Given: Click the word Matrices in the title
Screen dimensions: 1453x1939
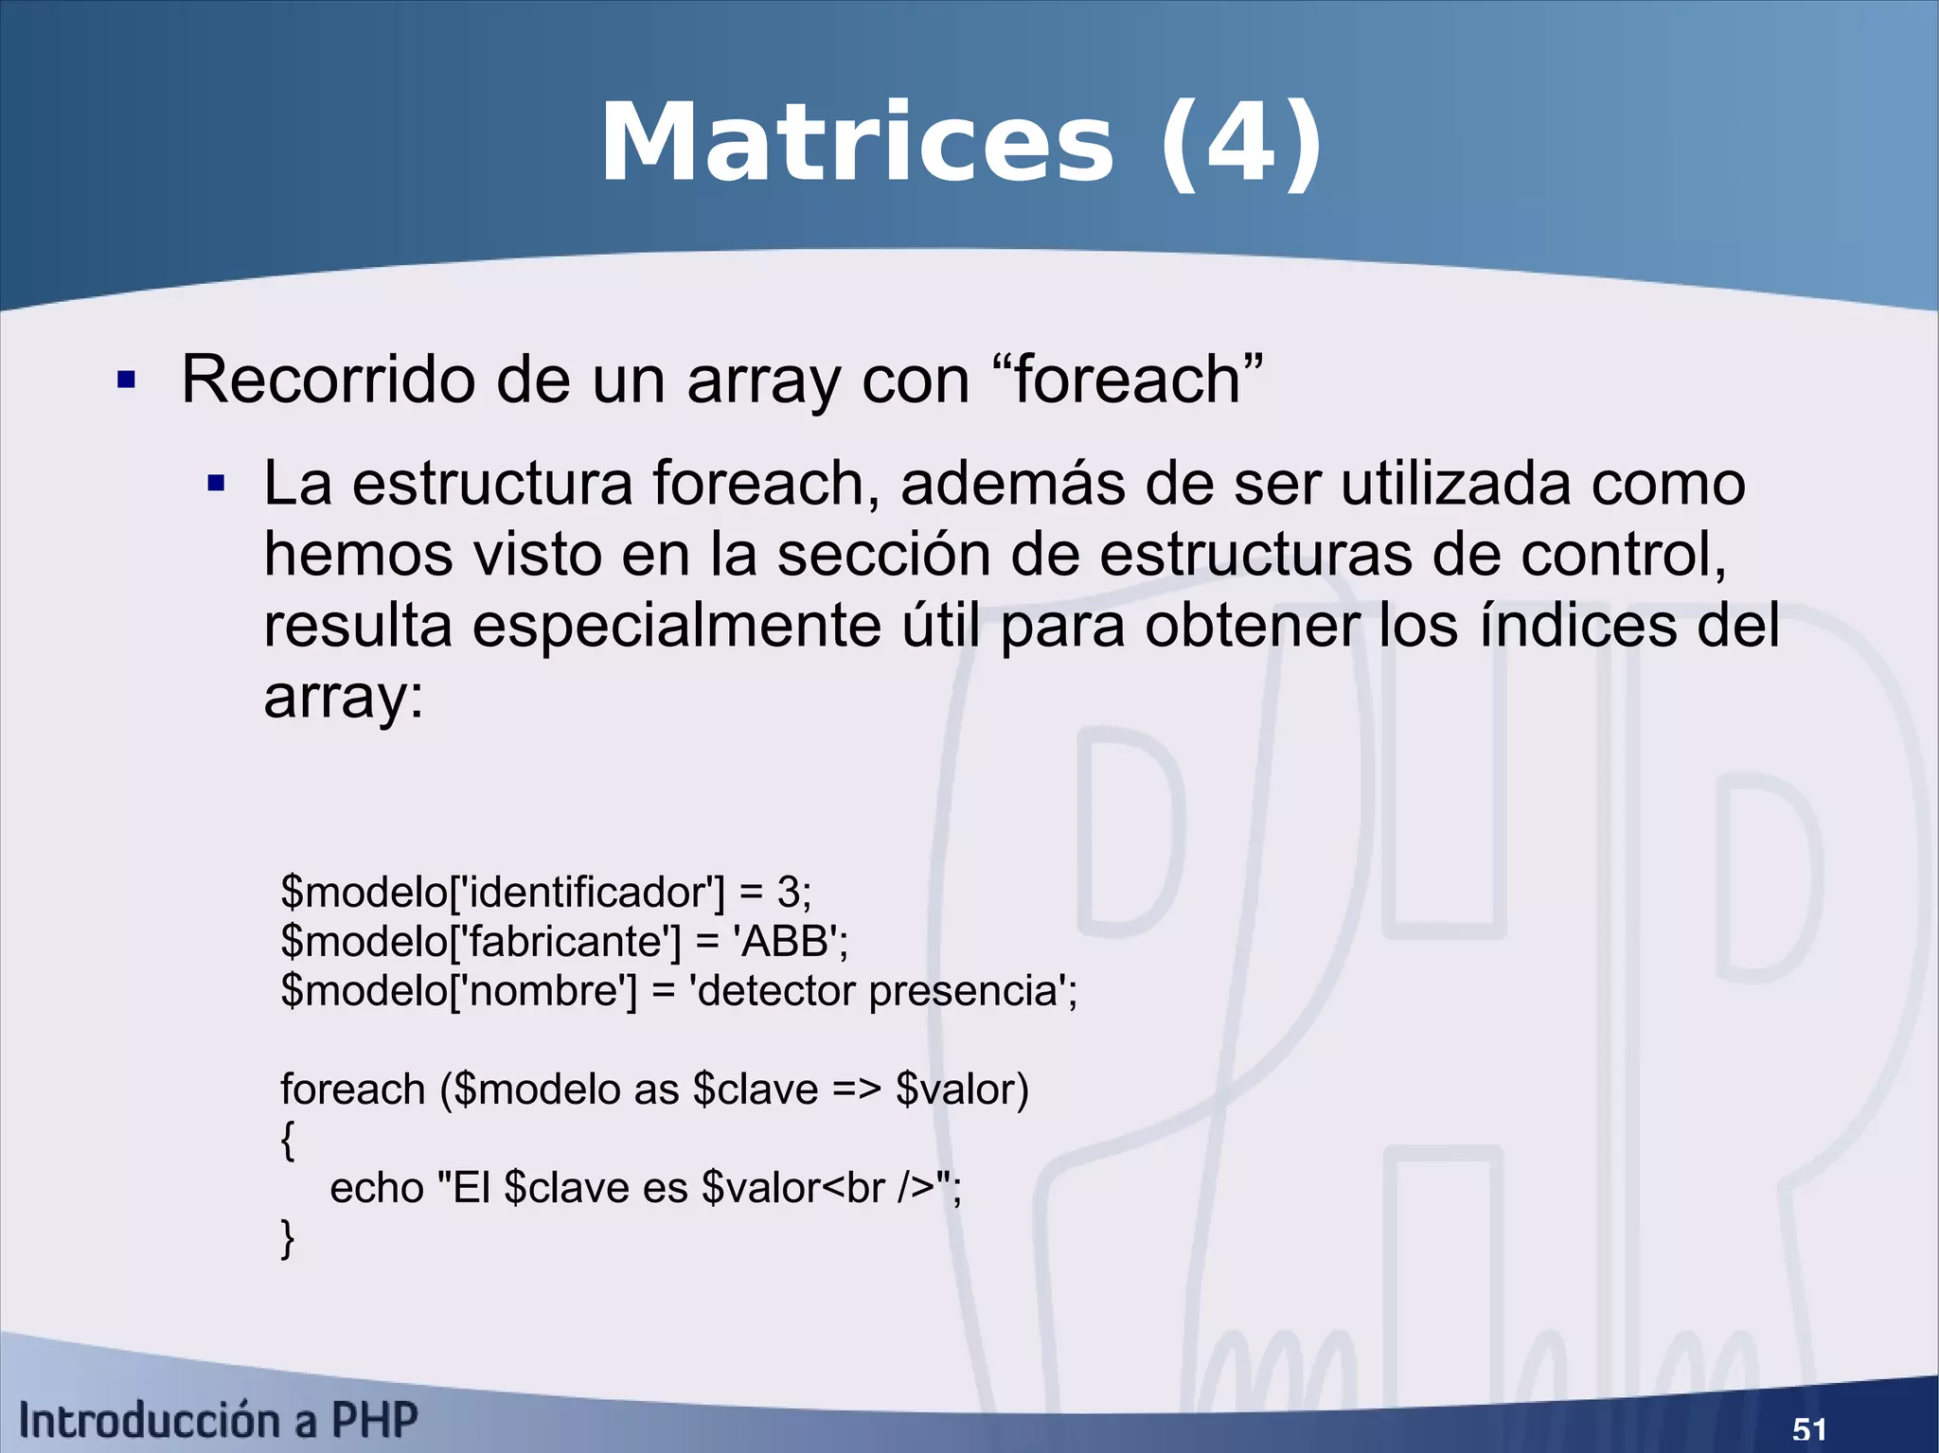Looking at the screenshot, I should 857,144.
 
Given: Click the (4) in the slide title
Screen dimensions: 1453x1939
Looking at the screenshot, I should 1240,144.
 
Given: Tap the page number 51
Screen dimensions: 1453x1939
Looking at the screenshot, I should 1809,1428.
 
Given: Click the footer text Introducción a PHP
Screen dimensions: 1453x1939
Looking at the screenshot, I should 218,1421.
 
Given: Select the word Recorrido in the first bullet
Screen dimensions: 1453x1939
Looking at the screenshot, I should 328,380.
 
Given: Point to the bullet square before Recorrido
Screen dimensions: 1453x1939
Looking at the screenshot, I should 126,381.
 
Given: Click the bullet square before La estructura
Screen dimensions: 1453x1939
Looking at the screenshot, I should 217,485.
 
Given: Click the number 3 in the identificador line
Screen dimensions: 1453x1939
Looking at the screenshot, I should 788,893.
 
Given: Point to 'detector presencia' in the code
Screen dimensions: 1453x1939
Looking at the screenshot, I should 880,991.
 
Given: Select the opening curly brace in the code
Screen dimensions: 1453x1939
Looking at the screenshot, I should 288,1139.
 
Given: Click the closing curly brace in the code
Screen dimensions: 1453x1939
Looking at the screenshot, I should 288,1237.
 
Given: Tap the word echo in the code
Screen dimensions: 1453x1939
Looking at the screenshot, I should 376,1188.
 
